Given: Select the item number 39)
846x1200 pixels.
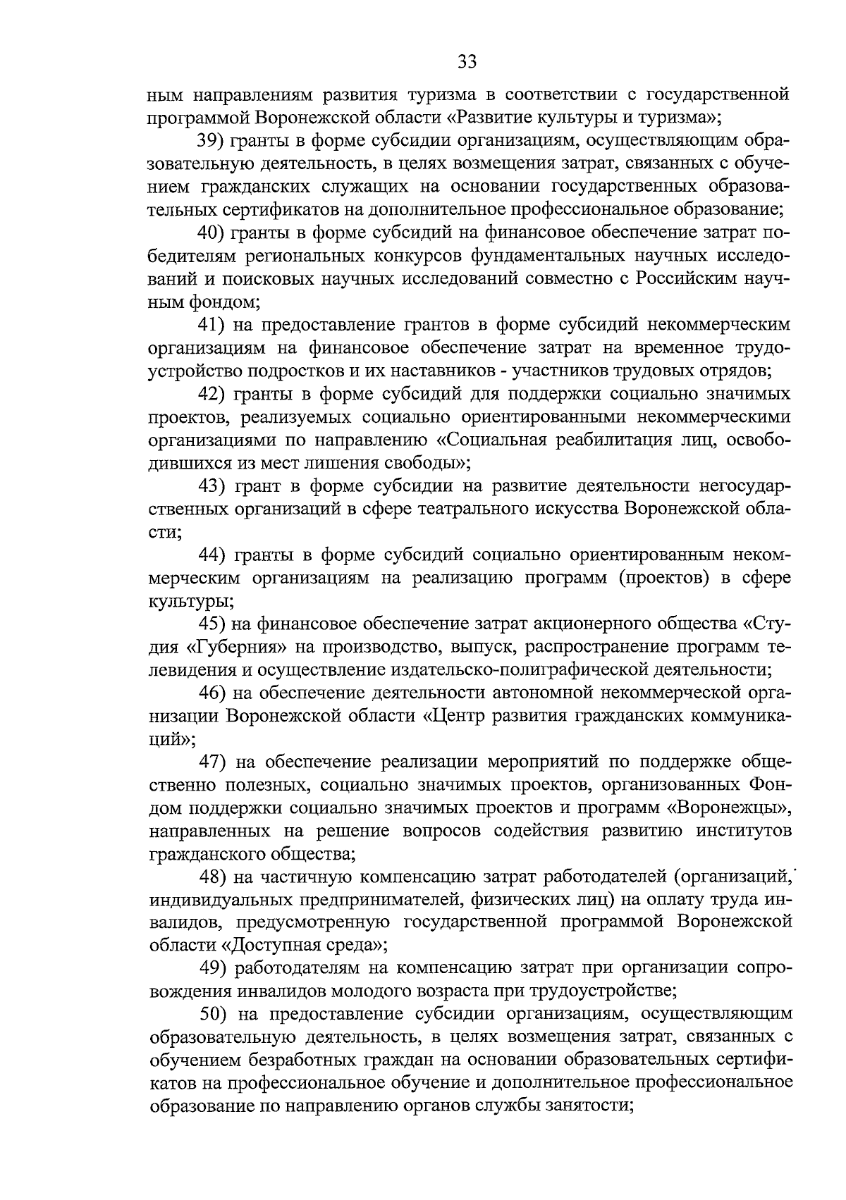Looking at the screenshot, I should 210,140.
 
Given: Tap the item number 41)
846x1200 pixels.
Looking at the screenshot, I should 210,325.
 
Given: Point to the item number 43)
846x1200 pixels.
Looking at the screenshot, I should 210,486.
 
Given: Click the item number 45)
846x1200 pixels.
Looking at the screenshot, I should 210,624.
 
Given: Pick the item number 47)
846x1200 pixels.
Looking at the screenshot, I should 210,762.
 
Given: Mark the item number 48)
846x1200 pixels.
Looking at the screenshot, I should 210,877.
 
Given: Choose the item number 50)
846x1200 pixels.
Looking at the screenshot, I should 210,1015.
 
